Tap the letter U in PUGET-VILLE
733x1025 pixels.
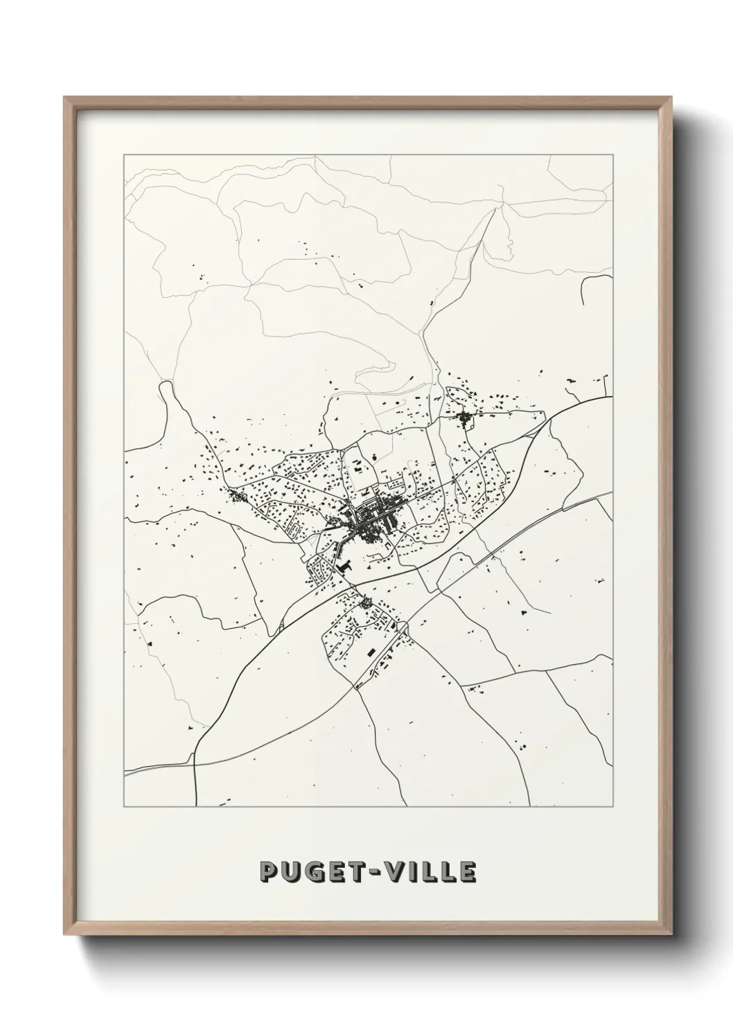coord(291,873)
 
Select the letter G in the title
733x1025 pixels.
coord(314,873)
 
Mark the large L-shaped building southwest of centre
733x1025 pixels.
coord(344,567)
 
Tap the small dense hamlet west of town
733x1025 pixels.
coord(237,496)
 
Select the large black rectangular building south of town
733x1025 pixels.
coord(369,652)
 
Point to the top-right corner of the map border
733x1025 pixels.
coord(612,155)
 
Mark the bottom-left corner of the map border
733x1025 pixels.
coord(124,807)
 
